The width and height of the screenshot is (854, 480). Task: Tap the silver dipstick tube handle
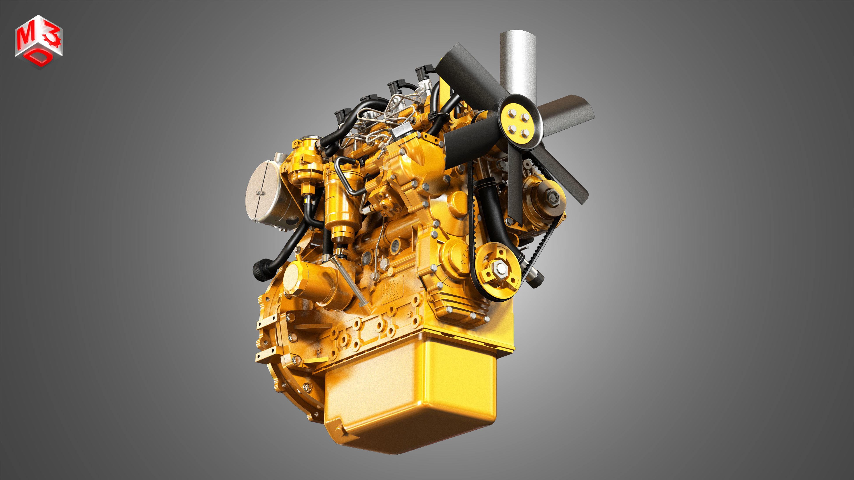tap(351, 281)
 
